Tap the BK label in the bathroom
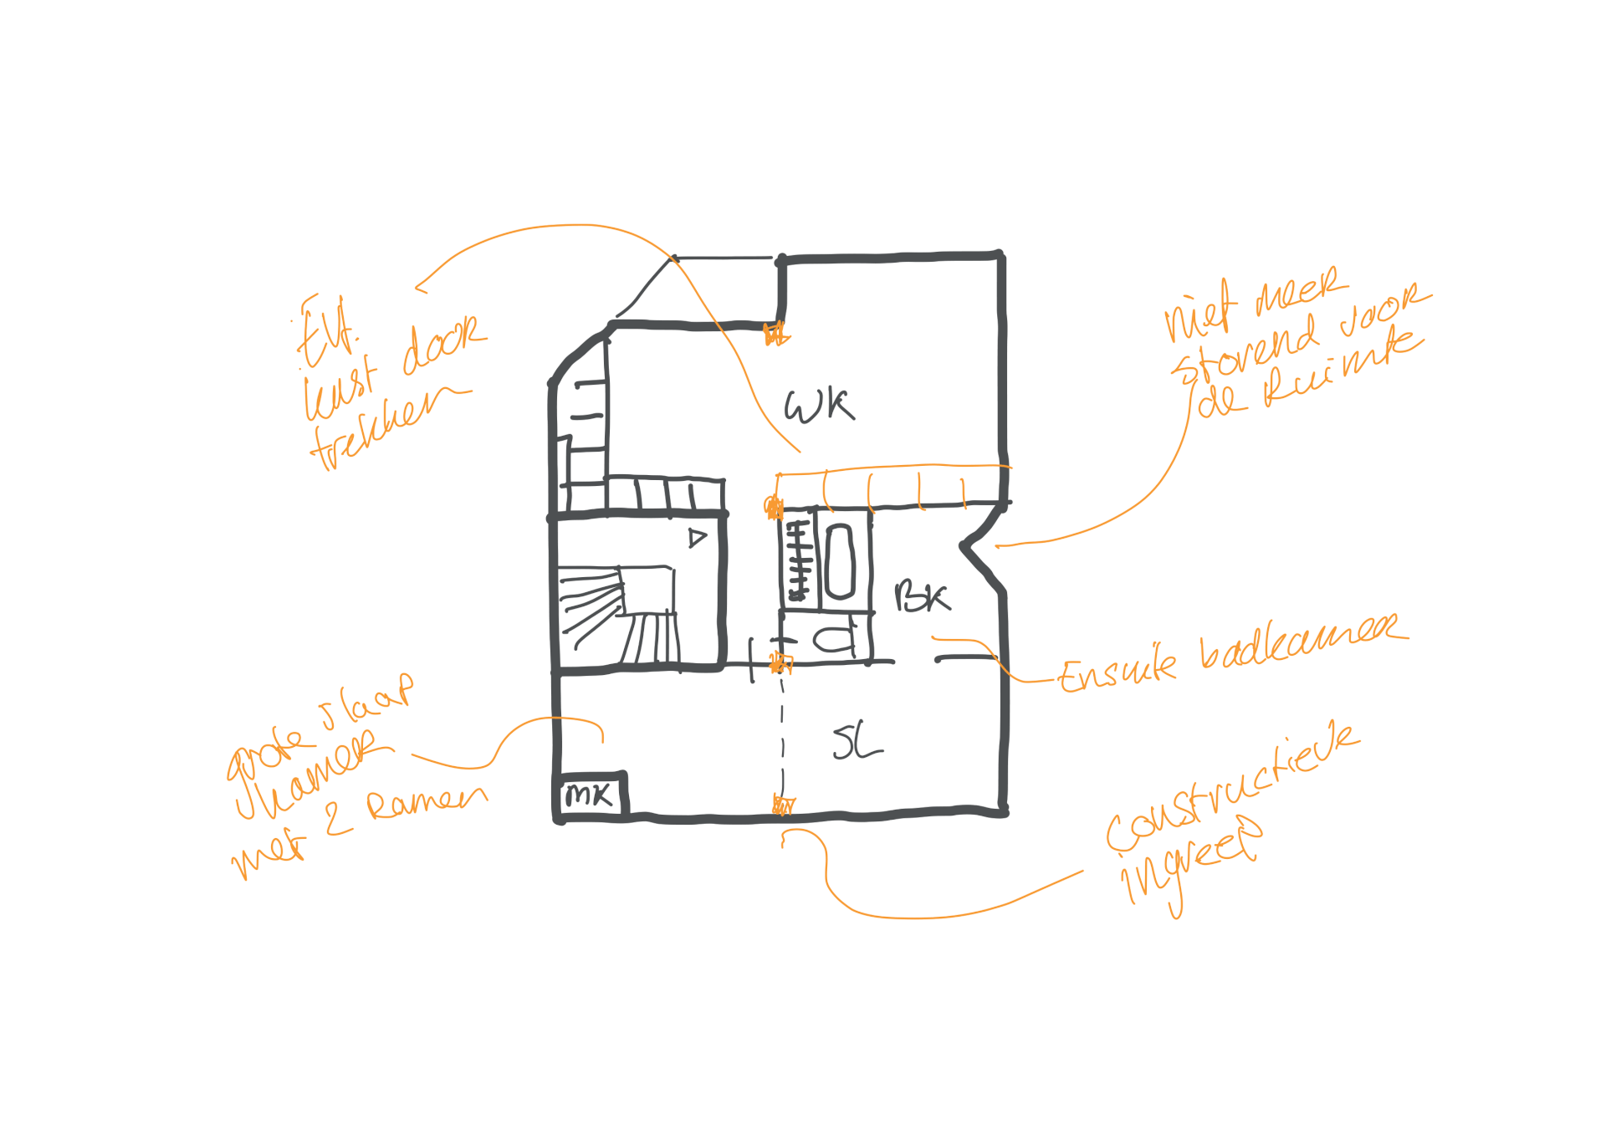point(922,596)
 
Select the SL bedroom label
point(857,742)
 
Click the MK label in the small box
point(591,795)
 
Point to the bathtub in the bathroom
point(839,561)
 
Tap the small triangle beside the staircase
point(697,538)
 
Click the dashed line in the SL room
point(783,736)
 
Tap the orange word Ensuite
point(1118,671)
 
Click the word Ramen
point(427,803)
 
